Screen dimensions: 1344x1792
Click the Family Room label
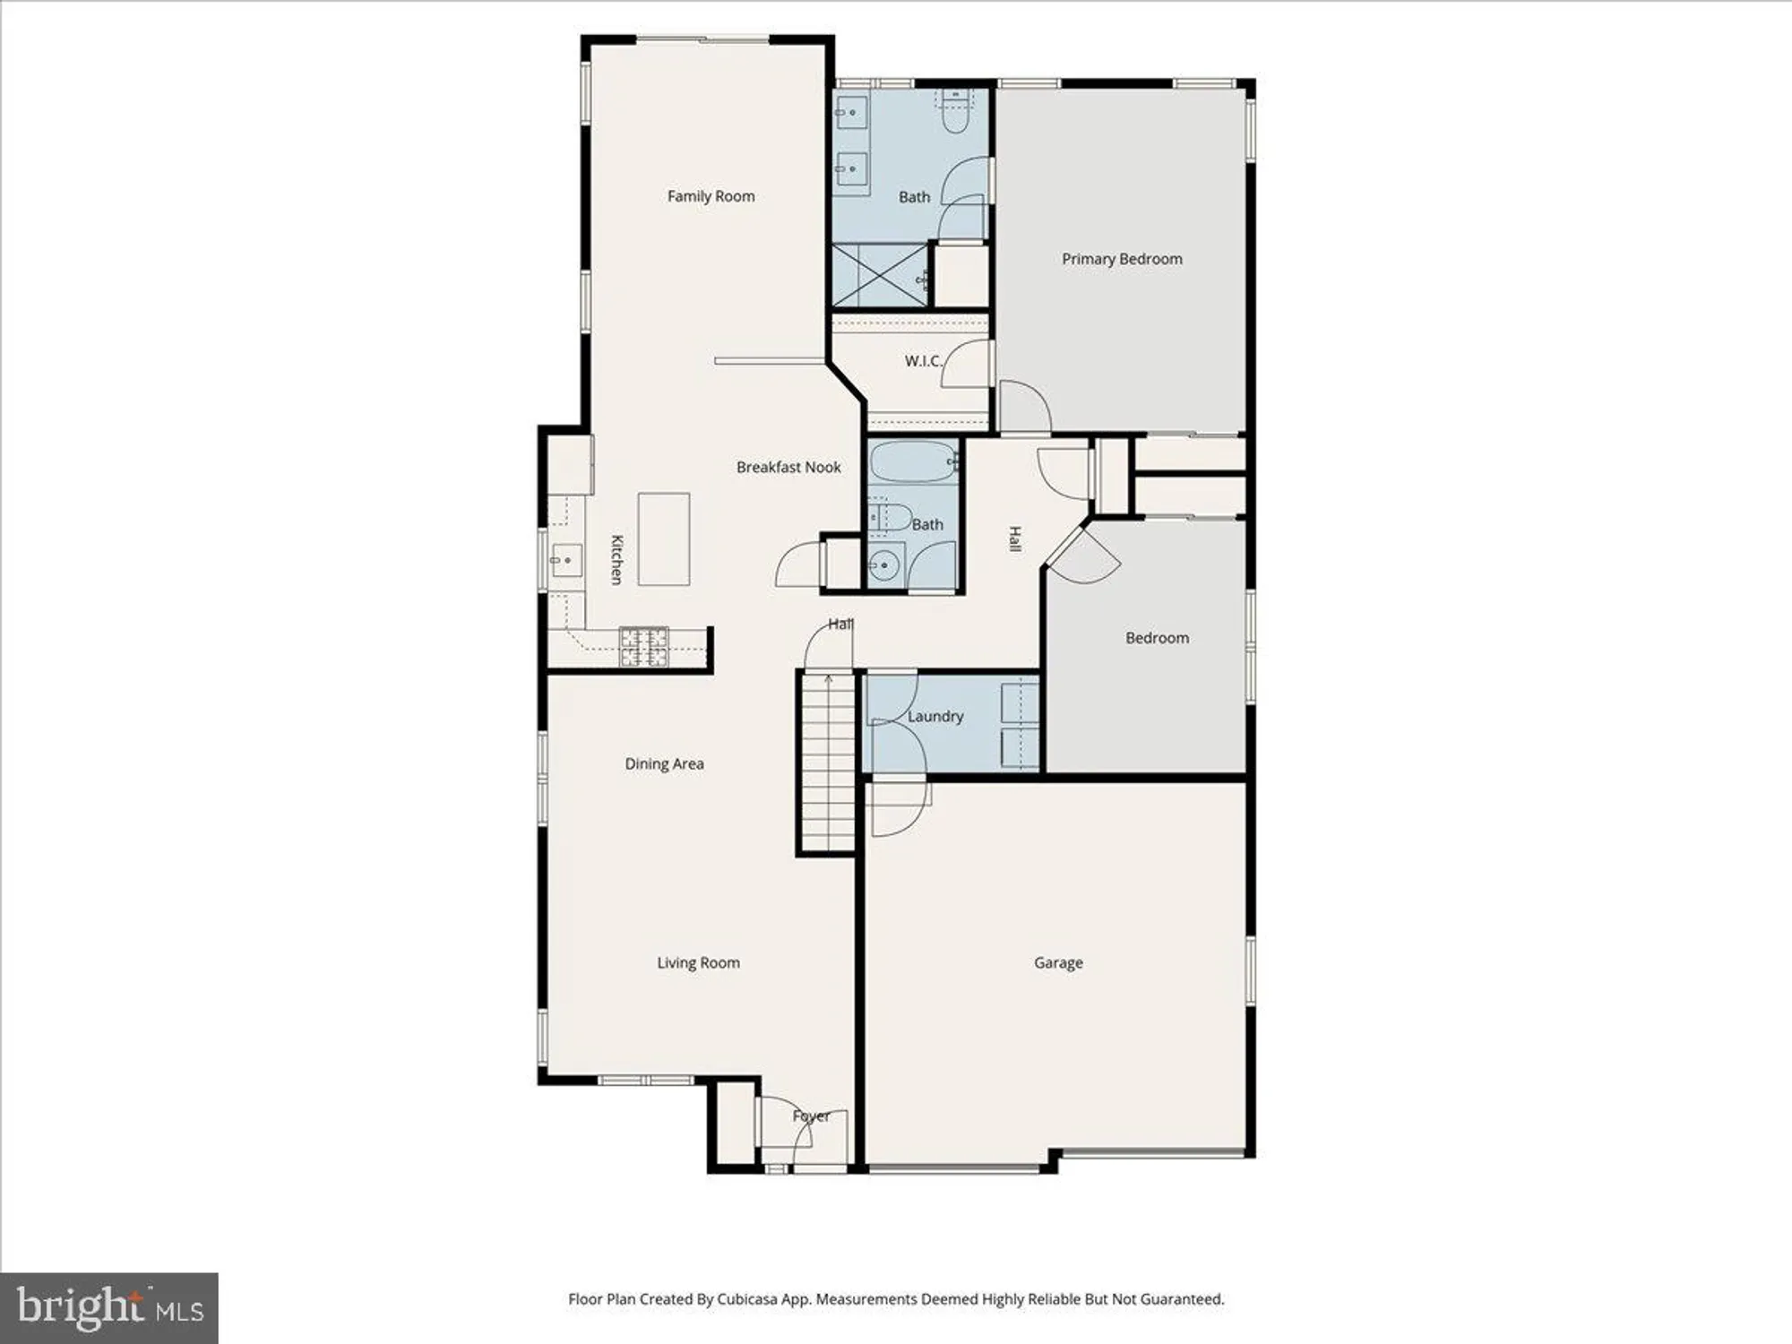[x=711, y=196]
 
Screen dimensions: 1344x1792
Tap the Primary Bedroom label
[x=1122, y=259]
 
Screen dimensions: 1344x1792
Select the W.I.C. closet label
[x=923, y=361]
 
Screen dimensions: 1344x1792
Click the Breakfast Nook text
[x=788, y=467]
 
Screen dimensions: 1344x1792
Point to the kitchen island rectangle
[x=664, y=539]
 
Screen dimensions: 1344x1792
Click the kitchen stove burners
[x=644, y=647]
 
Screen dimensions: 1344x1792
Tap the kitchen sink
[x=566, y=562]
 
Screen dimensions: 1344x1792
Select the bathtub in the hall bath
[x=913, y=461]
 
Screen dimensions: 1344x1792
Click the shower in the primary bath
[x=880, y=275]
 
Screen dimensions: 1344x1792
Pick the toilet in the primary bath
[x=956, y=112]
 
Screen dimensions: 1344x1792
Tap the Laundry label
[x=935, y=716]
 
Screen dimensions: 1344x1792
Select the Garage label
[x=1058, y=962]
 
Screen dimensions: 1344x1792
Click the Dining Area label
[x=664, y=763]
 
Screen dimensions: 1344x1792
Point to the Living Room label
[x=698, y=962]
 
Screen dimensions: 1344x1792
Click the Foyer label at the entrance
[x=811, y=1116]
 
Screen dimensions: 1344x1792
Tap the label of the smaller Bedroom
[x=1157, y=638]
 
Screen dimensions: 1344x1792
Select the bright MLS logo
[x=108, y=1308]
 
